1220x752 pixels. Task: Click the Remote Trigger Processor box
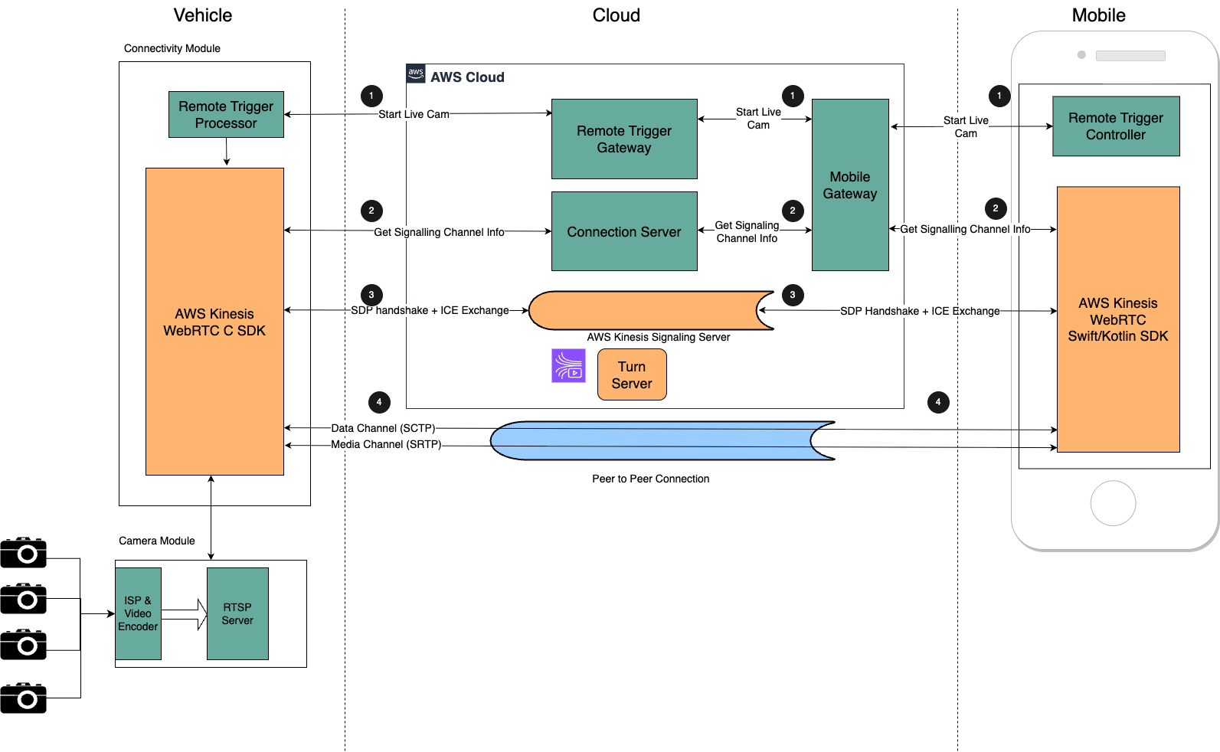(226, 115)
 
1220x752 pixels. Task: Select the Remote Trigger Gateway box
(624, 139)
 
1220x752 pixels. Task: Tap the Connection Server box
(624, 231)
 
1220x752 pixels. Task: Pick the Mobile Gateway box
(850, 185)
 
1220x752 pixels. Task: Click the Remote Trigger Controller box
(1116, 126)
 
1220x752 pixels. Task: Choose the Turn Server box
(632, 374)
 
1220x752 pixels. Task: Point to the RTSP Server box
(237, 613)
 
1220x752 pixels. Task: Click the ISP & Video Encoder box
(138, 613)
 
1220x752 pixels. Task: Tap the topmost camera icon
(24, 552)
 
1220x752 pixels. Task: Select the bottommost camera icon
(24, 698)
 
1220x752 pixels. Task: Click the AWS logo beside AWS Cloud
(416, 74)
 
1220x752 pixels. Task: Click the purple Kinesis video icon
(568, 365)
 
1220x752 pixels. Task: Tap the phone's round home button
(1113, 503)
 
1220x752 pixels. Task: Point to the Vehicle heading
(203, 15)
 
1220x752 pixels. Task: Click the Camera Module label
(157, 541)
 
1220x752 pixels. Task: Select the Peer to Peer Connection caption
(651, 479)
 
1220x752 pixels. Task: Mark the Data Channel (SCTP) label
(383, 428)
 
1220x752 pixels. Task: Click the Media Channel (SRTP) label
(386, 444)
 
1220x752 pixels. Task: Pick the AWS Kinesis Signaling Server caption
(659, 337)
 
